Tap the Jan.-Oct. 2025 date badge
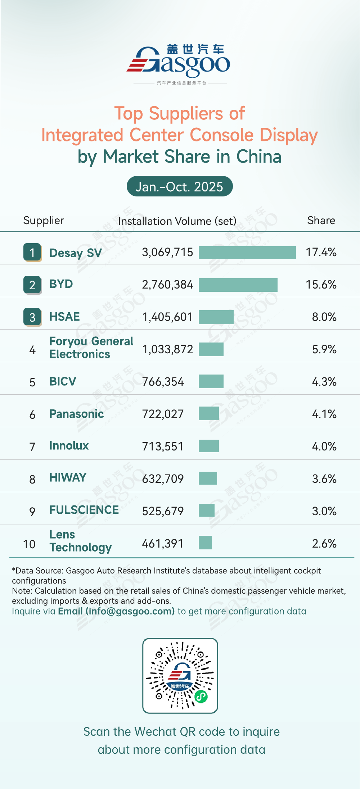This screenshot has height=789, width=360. pos(180,186)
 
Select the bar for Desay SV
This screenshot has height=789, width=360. pos(247,253)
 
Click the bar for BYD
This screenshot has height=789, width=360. pos(238,285)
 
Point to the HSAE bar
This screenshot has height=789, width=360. pos(216,317)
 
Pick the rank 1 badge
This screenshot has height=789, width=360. pos(32,252)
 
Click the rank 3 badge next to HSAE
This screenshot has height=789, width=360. pos(32,317)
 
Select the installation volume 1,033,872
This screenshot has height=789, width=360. pos(167,349)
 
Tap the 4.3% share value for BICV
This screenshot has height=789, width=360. pos(324,382)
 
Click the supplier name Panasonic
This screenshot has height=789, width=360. pos(76,414)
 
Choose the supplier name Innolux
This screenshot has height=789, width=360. pos(69,446)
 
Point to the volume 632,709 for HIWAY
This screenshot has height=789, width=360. pos(163,479)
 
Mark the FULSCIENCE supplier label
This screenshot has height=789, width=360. pos(84,510)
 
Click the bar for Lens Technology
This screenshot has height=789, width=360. pos(205,543)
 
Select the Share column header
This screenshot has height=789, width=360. pos(321,220)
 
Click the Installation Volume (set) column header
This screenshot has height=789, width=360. pos(177,221)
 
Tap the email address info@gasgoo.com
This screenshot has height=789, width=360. pos(130,611)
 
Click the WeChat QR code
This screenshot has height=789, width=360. pos(180,676)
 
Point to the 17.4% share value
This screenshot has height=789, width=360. pos(321,252)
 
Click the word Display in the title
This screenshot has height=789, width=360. pos(288,135)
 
